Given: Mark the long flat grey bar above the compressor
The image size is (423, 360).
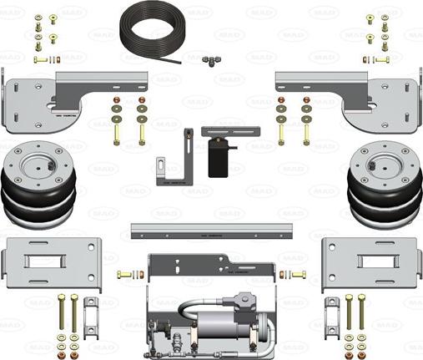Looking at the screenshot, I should pos(214,230).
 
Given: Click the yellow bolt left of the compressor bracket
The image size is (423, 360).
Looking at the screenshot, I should pos(125,274).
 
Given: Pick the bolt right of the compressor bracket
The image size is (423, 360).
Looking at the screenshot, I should pos(298,274).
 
